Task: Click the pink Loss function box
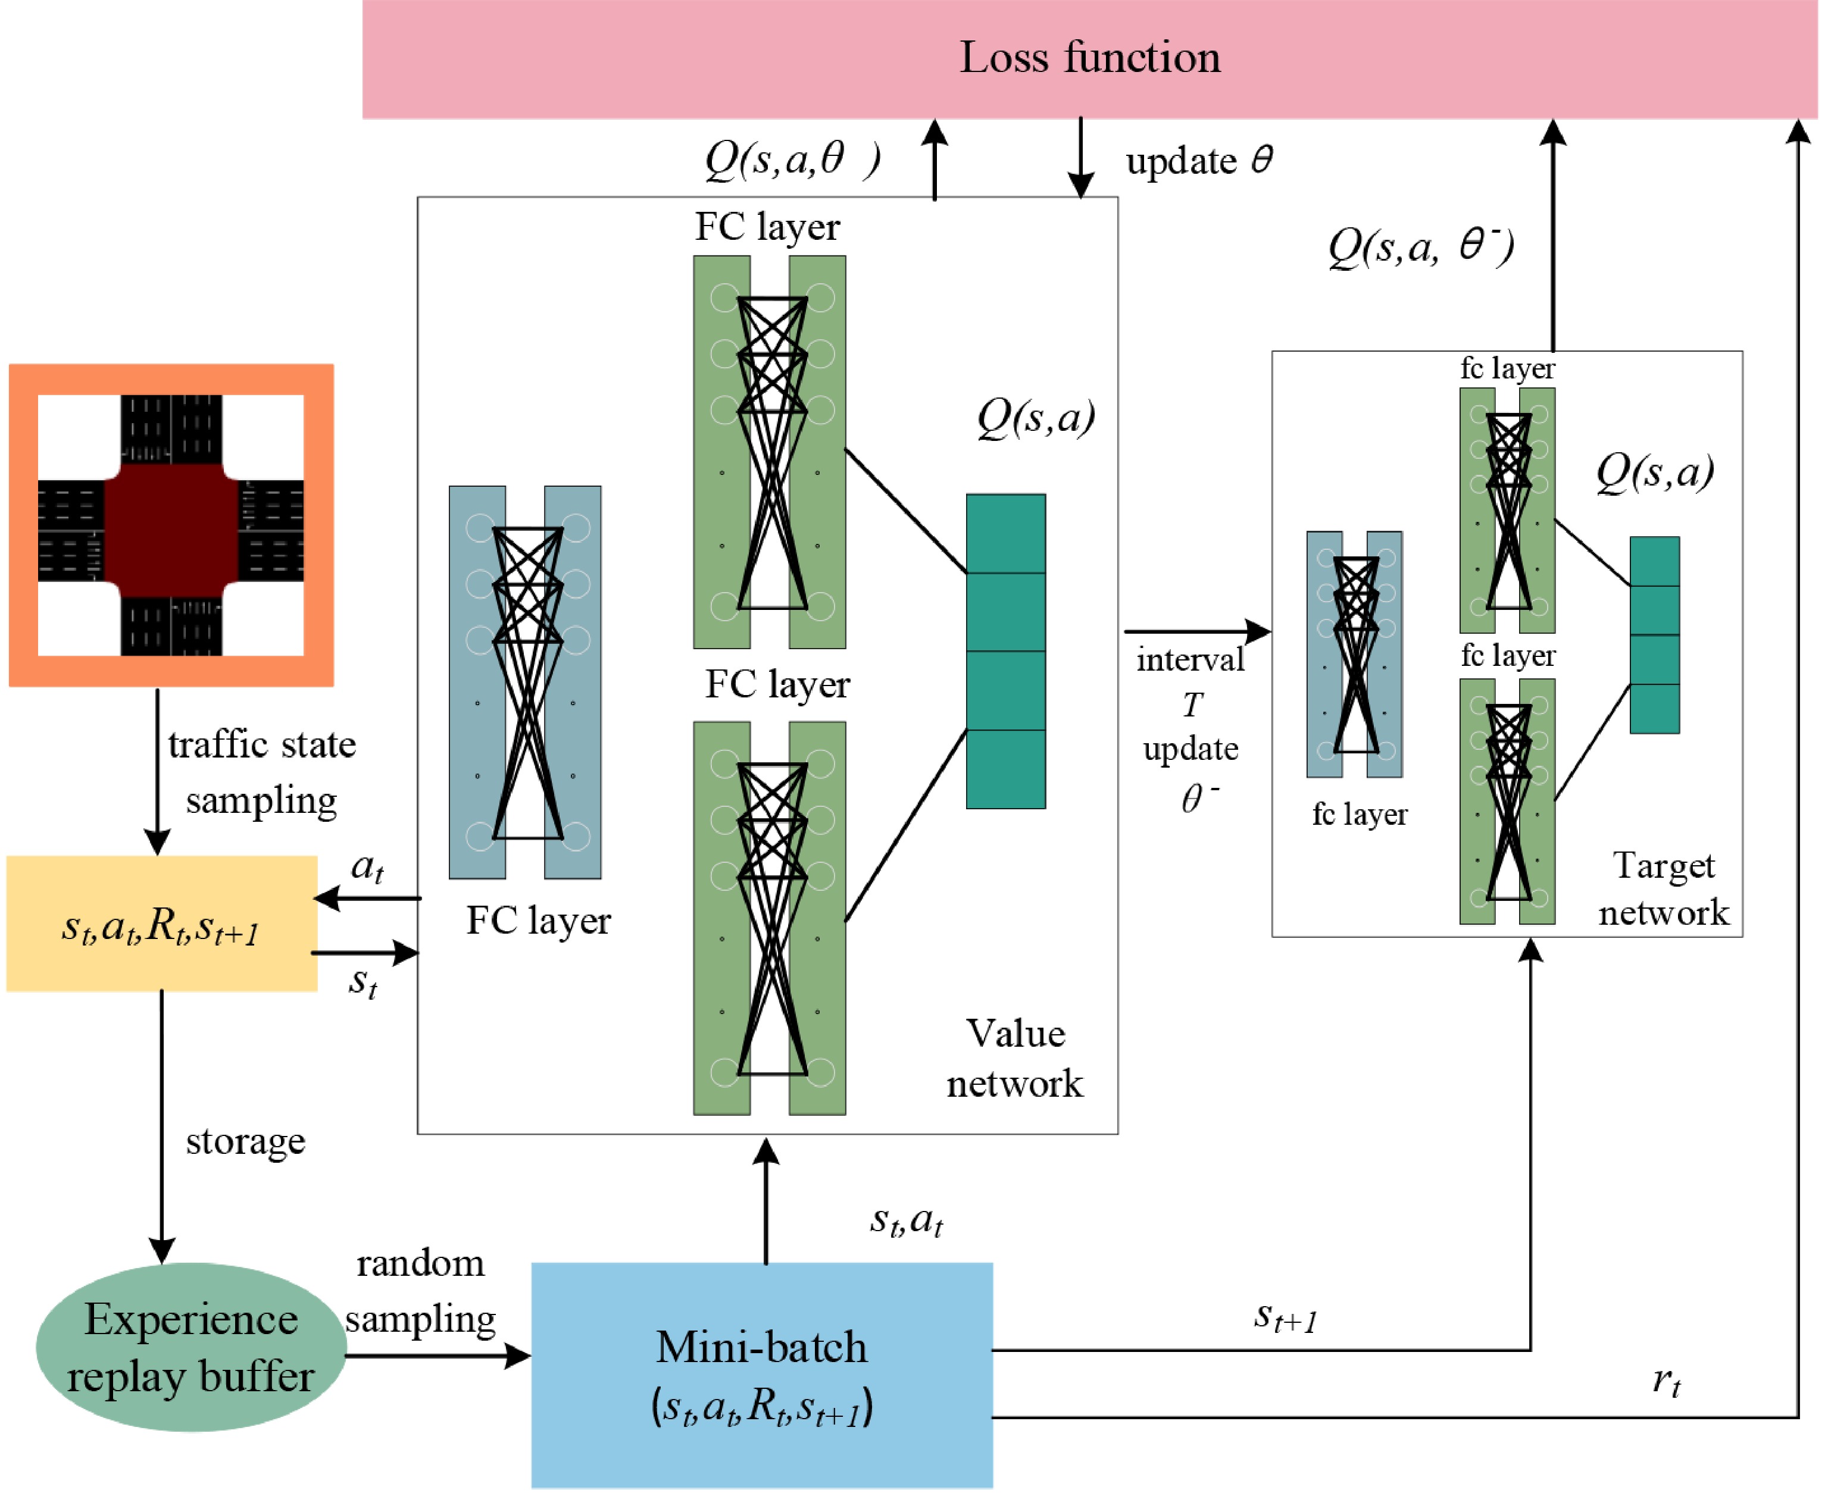[x=1089, y=58]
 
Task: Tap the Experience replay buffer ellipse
[x=191, y=1347]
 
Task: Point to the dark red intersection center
[x=171, y=525]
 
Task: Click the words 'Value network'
[x=1015, y=1059]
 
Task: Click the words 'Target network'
[x=1663, y=889]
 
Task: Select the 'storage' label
[x=246, y=1141]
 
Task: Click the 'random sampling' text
[x=421, y=1291]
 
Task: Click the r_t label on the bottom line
[x=1666, y=1381]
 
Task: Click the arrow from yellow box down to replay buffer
[x=162, y=1126]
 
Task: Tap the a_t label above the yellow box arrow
[x=367, y=867]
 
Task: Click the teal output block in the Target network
[x=1654, y=635]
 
